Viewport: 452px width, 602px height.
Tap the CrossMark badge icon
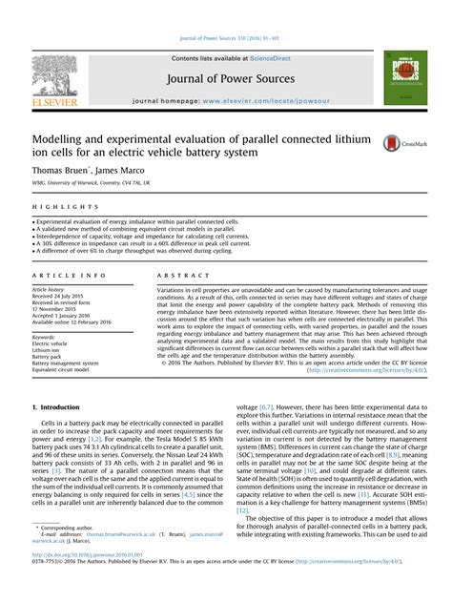click(x=394, y=143)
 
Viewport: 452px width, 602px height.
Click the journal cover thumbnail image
click(x=401, y=78)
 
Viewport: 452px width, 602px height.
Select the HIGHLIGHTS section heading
click(x=53, y=207)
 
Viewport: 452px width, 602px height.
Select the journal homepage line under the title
click(x=225, y=100)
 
